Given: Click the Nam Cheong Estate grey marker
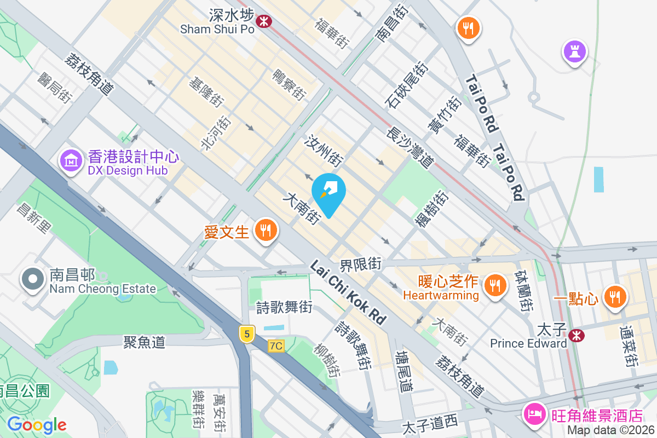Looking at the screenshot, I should [33, 279].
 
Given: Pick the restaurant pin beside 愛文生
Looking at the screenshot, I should [266, 230].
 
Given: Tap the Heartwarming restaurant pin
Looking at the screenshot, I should [495, 285].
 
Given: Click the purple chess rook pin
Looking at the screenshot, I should [574, 52].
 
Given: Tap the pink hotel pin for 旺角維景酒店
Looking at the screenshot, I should [534, 413].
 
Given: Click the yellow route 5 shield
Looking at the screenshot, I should [247, 333].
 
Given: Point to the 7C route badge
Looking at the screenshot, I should [276, 346].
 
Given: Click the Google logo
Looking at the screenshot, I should [37, 425].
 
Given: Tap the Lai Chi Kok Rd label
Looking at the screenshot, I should [349, 291].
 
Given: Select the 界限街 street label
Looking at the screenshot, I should [360, 264].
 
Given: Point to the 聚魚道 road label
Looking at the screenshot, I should [145, 343].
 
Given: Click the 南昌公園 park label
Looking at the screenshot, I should [25, 391].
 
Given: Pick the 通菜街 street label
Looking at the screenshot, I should [628, 346].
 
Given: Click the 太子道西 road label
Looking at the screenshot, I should [430, 424].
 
